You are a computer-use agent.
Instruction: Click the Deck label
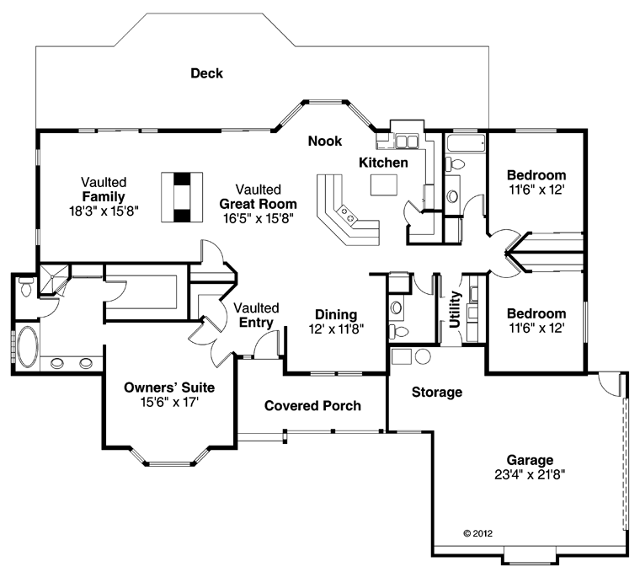tap(207, 73)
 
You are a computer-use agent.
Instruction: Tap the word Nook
tap(325, 142)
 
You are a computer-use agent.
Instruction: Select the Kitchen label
tap(383, 163)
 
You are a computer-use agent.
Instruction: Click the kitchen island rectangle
tap(384, 185)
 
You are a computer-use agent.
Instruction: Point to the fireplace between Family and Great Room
tap(182, 197)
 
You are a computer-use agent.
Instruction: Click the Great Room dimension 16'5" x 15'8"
tap(259, 218)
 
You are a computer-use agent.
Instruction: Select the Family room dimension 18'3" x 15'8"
tap(104, 211)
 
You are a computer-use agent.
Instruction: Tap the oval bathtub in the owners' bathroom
tap(28, 347)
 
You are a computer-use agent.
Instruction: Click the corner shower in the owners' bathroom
tap(53, 280)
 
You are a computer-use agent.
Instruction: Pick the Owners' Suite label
tap(169, 388)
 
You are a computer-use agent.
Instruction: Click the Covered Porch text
tap(312, 406)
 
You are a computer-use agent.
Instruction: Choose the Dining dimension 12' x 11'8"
tap(336, 329)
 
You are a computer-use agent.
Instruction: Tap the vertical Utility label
tap(454, 309)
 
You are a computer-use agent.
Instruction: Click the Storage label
tap(437, 393)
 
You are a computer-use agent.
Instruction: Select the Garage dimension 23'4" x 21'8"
tap(530, 475)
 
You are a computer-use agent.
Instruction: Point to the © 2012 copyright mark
tap(478, 533)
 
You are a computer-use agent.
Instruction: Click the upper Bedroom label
tap(536, 175)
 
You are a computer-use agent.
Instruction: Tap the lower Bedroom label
tap(536, 313)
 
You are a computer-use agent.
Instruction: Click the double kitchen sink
tap(407, 142)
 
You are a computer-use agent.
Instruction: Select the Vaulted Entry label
tap(256, 315)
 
